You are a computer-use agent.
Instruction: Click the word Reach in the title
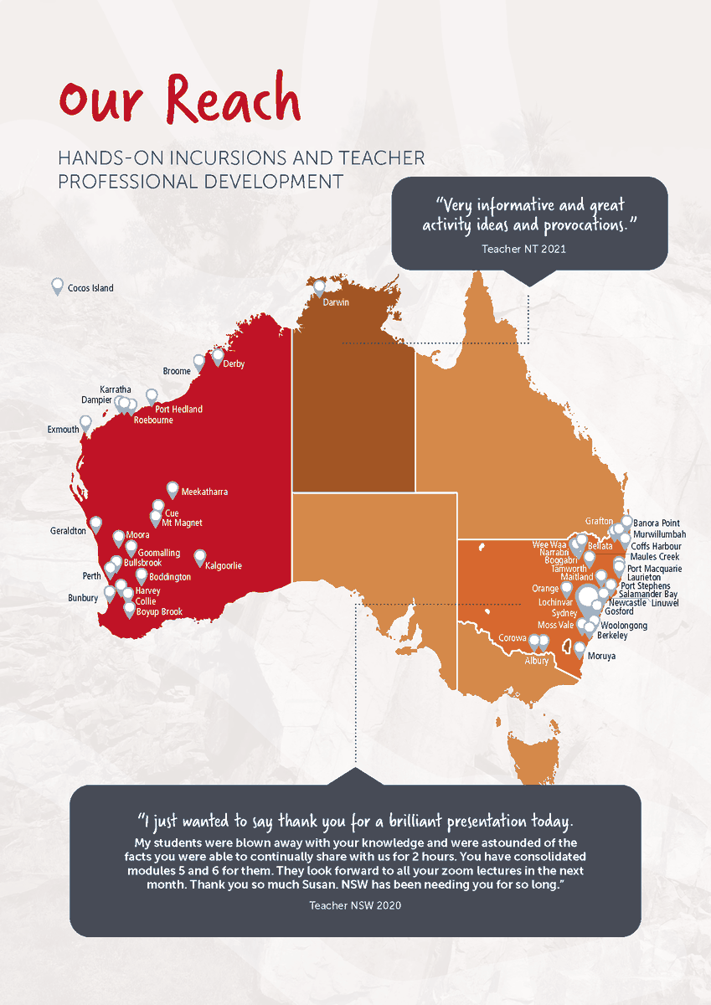click(234, 100)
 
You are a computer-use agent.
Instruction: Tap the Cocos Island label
click(91, 288)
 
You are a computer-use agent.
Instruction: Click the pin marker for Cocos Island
click(58, 286)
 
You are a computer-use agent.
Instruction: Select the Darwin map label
click(335, 302)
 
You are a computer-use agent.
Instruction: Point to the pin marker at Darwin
click(319, 288)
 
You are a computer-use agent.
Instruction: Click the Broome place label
click(177, 371)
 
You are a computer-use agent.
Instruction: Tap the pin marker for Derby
click(218, 357)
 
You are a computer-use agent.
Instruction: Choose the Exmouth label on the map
click(64, 430)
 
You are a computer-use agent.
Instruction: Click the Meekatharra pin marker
click(173, 489)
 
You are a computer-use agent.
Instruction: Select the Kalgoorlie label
click(224, 566)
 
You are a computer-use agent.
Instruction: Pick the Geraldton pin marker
click(95, 524)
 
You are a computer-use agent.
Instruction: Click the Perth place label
click(91, 576)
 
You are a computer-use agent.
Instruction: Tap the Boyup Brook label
click(159, 612)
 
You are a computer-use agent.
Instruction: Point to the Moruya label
click(601, 657)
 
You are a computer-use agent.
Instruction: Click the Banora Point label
click(657, 523)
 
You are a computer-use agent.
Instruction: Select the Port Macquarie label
click(654, 569)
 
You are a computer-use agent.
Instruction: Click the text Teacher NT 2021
click(529, 249)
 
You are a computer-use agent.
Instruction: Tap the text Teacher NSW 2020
click(355, 905)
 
